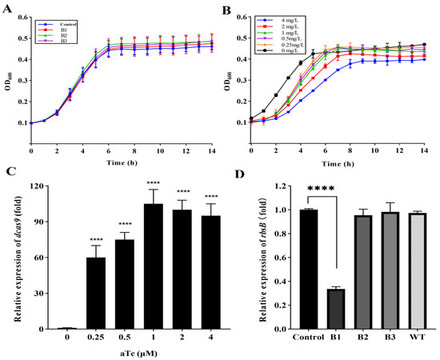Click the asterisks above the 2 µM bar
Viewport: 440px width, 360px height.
[156, 193]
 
